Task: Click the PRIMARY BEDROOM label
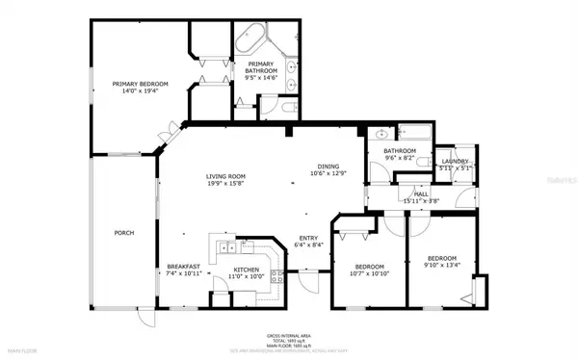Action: (x=140, y=84)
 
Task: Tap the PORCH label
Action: (x=123, y=233)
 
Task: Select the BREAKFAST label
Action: (x=182, y=267)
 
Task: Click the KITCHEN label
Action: (x=247, y=269)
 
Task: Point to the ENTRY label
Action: (x=308, y=238)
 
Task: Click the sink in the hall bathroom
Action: (x=381, y=135)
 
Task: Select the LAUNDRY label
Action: (x=455, y=161)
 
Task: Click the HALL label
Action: (x=421, y=193)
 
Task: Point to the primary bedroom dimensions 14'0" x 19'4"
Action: (x=140, y=92)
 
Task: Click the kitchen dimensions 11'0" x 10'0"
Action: (x=247, y=277)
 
